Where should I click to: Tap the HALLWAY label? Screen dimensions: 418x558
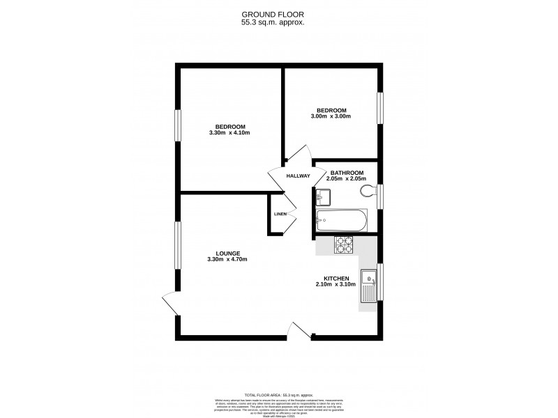tap(298, 176)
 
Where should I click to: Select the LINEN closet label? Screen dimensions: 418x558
tap(280, 214)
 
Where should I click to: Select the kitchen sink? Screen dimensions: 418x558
tap(369, 286)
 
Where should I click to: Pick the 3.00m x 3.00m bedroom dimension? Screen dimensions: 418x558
tap(331, 116)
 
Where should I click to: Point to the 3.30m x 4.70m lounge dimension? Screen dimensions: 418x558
tap(227, 259)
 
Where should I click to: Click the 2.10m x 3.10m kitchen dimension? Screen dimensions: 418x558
tap(335, 284)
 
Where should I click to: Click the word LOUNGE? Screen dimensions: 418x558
tap(228, 253)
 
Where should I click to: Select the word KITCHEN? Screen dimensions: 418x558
tap(335, 278)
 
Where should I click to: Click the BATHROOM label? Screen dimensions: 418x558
tap(347, 173)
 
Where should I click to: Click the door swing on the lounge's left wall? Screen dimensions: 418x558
tap(169, 303)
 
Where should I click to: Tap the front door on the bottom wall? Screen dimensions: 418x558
tap(299, 331)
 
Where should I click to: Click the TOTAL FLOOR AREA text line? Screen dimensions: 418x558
tap(278, 394)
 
